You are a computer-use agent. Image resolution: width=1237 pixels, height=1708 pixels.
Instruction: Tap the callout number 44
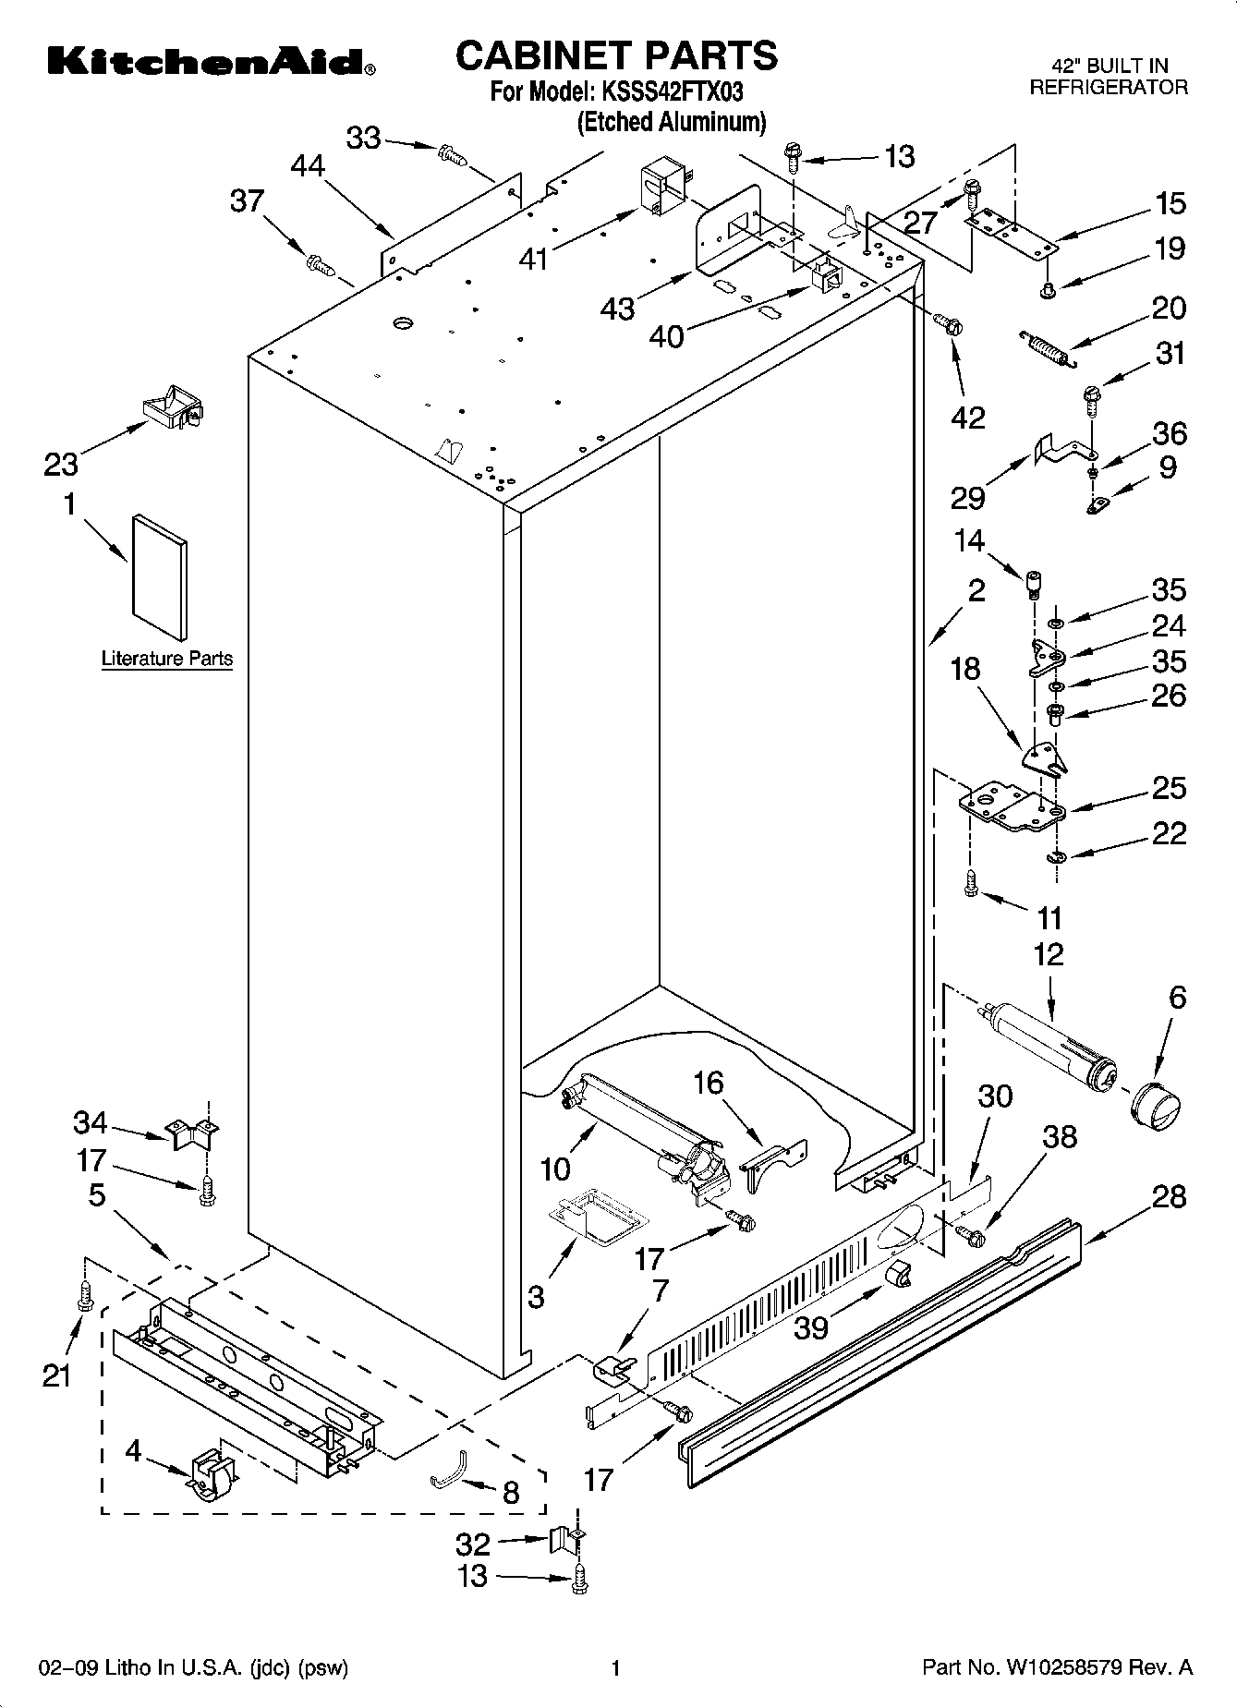click(x=308, y=165)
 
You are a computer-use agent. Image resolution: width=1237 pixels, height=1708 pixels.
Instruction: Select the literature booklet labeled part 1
click(x=160, y=576)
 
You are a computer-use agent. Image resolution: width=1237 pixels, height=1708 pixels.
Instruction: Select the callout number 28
click(x=1168, y=1197)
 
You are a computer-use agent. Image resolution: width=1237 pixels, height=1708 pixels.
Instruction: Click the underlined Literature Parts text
click(x=167, y=660)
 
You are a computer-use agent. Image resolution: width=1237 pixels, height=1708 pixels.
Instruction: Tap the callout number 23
click(x=61, y=464)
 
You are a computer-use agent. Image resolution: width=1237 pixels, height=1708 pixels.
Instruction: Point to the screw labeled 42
click(x=949, y=322)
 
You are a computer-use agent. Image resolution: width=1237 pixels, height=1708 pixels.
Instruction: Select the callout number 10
click(x=555, y=1169)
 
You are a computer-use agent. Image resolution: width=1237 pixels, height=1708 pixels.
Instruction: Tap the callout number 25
click(x=1168, y=788)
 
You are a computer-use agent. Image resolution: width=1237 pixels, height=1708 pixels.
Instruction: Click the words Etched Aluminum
click(x=672, y=122)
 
